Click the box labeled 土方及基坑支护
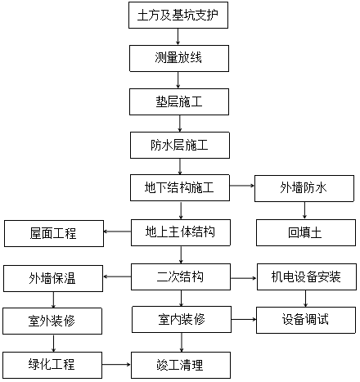[x=178, y=15]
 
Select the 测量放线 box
[x=179, y=58]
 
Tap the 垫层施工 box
[x=179, y=101]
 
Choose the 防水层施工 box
[x=180, y=145]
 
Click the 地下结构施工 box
[x=180, y=188]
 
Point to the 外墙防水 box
[x=304, y=188]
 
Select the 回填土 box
[x=306, y=232]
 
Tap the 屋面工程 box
[x=54, y=234]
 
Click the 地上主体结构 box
[x=181, y=232]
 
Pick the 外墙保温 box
[x=53, y=278]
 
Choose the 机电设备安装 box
[x=307, y=276]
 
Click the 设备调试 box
[x=306, y=320]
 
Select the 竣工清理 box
[x=181, y=365]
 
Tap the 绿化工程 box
[x=52, y=365]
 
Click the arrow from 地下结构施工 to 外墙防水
[x=242, y=186]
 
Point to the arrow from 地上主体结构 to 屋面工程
[x=117, y=231]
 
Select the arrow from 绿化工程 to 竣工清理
[x=116, y=364]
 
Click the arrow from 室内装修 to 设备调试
[x=244, y=319]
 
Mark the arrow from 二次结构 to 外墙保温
[x=117, y=276]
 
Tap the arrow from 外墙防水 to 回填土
[x=304, y=210]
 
